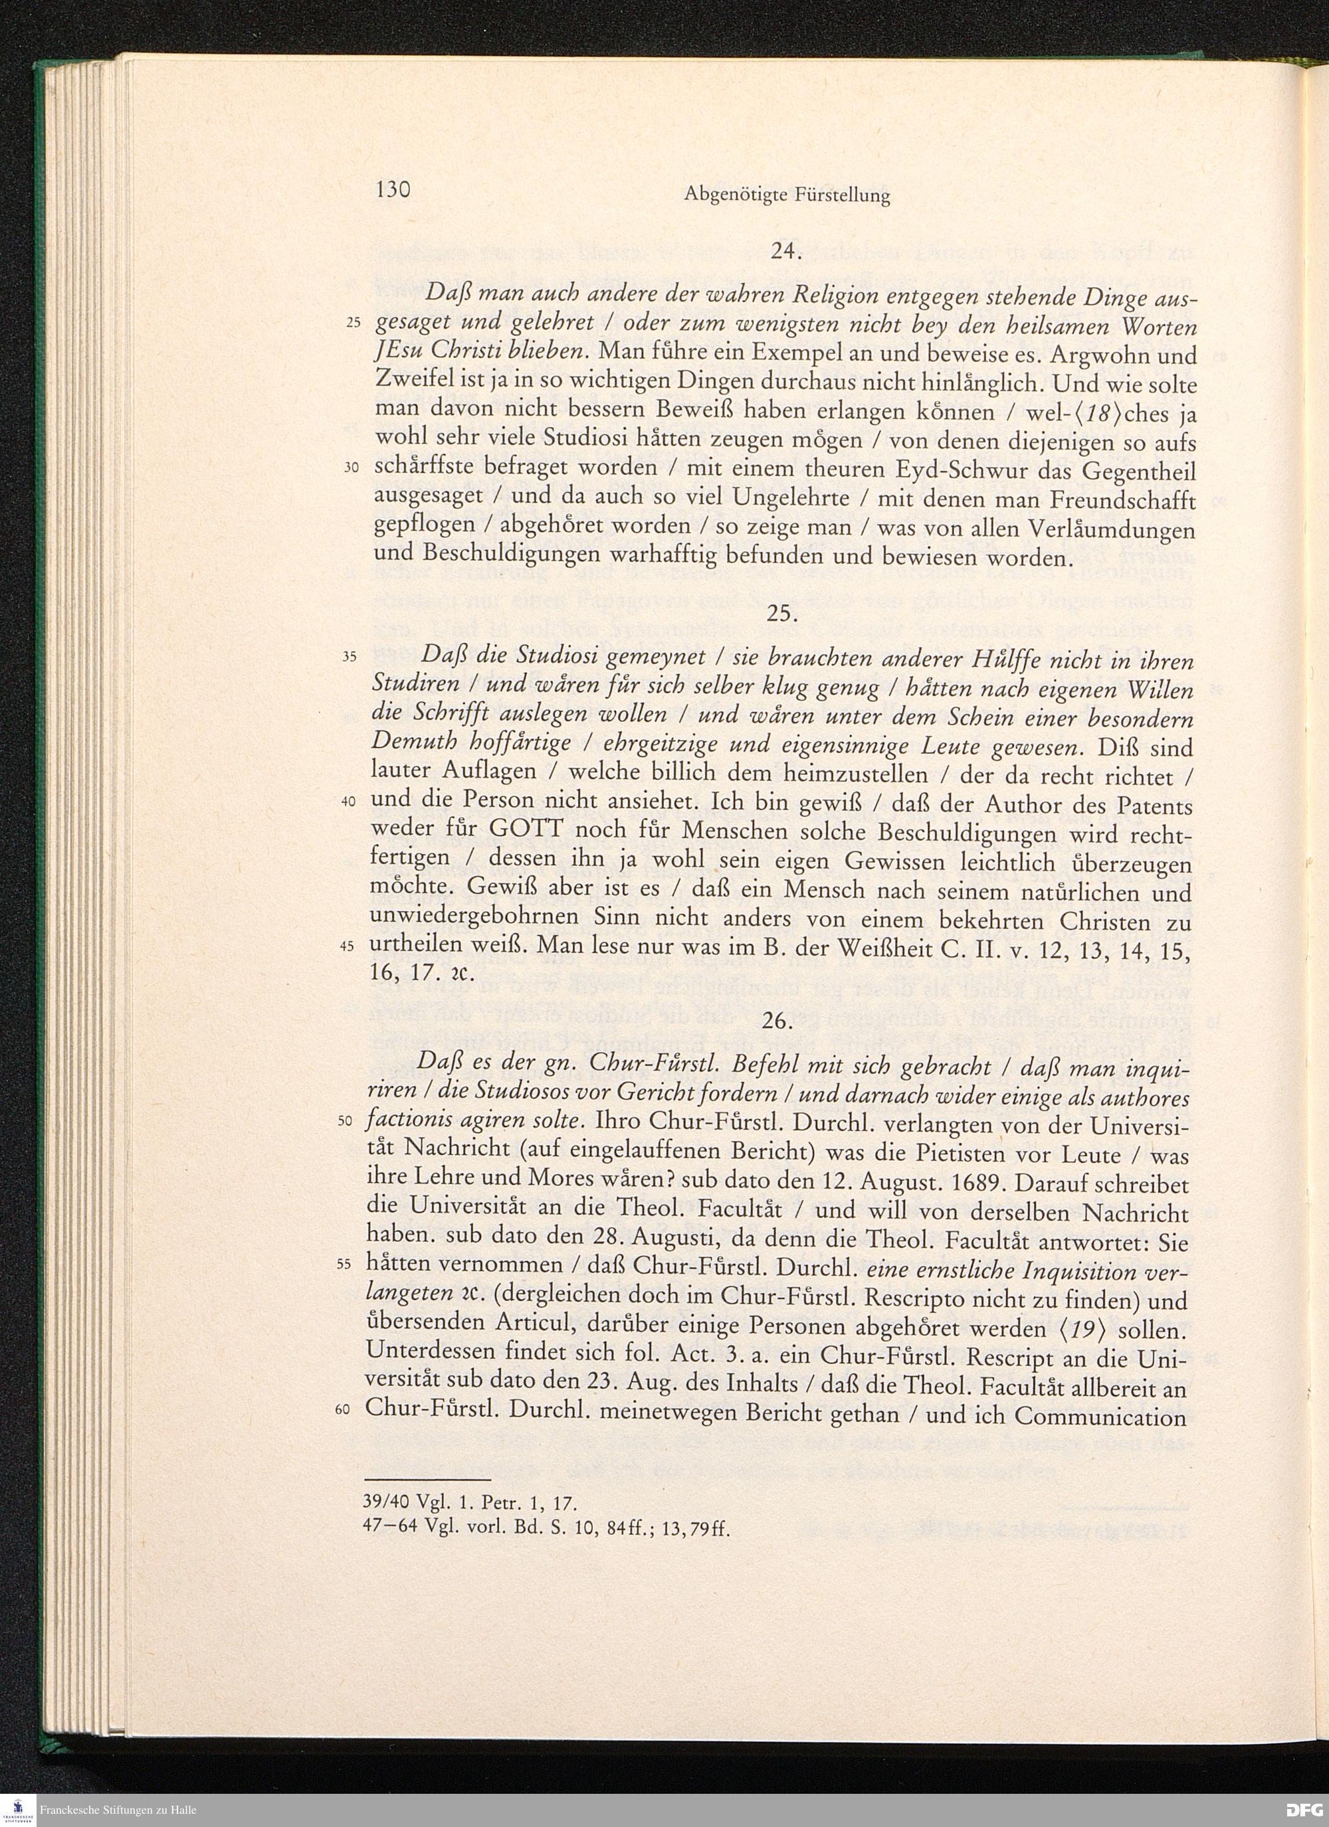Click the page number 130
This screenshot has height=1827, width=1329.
(x=393, y=190)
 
